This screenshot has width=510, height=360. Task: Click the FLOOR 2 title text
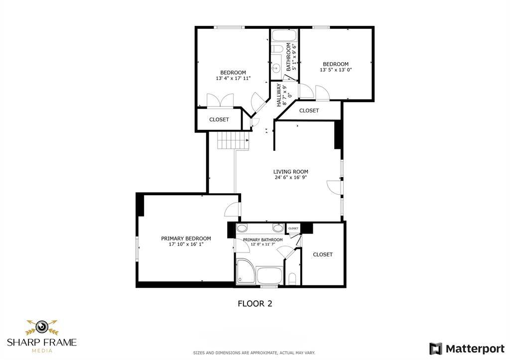(255, 303)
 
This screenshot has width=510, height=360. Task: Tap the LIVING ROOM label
(290, 172)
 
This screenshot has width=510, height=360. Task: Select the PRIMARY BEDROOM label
(186, 239)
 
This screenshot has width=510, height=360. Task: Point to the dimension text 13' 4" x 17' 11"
(233, 78)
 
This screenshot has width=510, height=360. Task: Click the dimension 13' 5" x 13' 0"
(336, 70)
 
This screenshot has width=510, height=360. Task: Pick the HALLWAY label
(279, 95)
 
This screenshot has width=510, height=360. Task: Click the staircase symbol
(233, 140)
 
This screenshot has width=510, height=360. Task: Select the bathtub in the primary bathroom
(269, 275)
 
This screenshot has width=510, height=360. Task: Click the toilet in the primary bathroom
(292, 279)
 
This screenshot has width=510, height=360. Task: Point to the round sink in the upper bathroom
(276, 68)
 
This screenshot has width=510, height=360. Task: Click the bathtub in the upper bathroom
(284, 35)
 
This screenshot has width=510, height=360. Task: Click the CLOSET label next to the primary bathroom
(323, 254)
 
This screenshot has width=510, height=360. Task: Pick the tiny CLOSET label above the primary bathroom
(293, 228)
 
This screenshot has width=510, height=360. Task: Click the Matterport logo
(467, 349)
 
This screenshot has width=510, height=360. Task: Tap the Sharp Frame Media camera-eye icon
(42, 327)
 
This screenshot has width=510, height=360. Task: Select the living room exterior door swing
(334, 187)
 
